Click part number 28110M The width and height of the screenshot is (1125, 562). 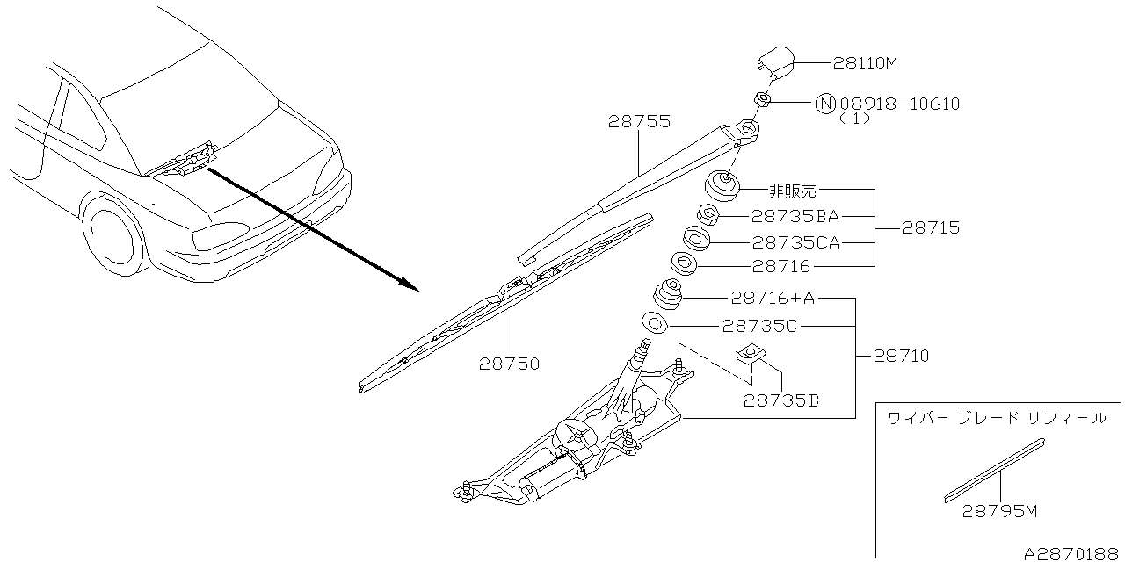866,63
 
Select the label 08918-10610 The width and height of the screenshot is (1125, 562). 898,104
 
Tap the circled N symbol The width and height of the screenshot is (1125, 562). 825,104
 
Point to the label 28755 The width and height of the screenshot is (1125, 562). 639,123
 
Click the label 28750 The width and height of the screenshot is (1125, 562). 510,362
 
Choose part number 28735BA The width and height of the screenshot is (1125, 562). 795,216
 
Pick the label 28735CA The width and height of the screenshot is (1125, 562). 795,241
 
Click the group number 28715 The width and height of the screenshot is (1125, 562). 930,228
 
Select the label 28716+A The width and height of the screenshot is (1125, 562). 773,299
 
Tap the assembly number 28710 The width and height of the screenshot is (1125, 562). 901,357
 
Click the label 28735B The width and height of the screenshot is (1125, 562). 781,400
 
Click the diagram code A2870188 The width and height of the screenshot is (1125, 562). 1072,552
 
